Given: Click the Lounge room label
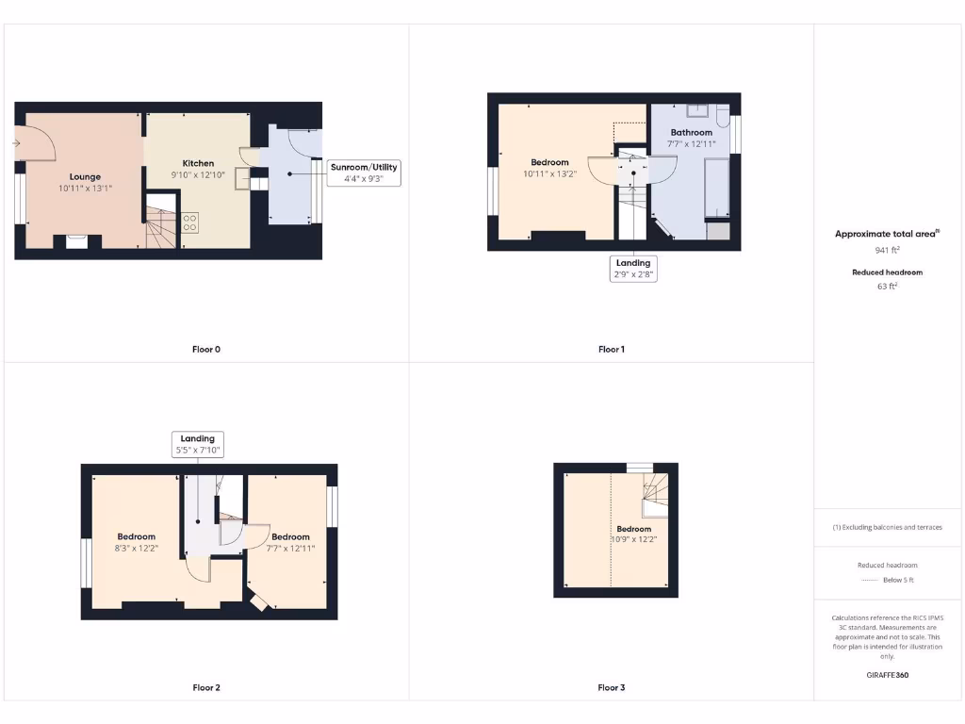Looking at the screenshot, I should pos(85,176).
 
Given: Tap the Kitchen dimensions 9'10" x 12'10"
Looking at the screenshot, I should pos(198,175).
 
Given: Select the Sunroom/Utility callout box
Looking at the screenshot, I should pos(364,172).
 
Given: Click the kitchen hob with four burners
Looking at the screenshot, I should pos(189,222).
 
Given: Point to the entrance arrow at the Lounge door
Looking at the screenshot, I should pos(17,143).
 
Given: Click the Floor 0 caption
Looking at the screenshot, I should pos(205,349).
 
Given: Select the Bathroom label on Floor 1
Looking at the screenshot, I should pos(691,132).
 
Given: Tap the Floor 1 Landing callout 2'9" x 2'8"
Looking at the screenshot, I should pos(633,269).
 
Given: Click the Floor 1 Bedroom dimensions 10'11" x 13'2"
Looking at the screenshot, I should pos(549,174).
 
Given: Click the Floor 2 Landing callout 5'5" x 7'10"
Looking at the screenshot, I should pos(198,444).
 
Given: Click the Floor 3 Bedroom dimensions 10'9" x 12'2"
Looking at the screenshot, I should pos(634,539).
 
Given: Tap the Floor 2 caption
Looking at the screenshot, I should pos(205,687).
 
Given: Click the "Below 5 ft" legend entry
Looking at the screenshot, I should pos(899,580).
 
